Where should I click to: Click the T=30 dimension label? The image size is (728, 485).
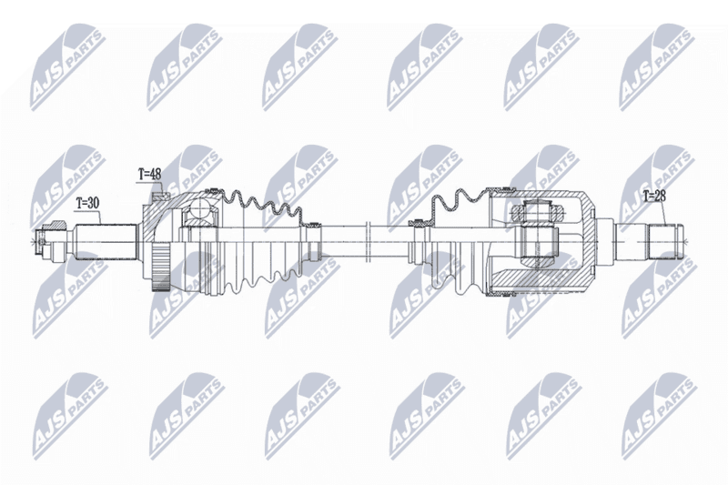[87, 203]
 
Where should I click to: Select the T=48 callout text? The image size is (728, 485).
[149, 174]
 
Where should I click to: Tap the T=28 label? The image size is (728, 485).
[654, 196]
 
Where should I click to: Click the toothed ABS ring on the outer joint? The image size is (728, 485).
[160, 268]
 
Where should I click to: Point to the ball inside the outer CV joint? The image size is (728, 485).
[200, 210]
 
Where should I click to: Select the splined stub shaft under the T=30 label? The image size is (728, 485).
[106, 242]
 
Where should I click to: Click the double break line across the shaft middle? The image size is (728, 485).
[367, 242]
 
